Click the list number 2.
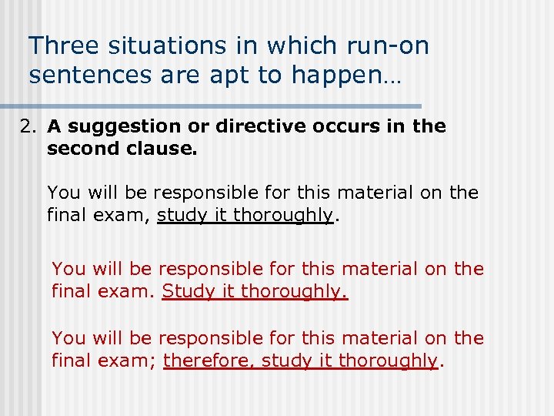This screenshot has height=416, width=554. click(28, 126)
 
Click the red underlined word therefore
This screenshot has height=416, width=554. click(209, 361)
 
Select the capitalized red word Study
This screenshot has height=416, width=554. click(187, 291)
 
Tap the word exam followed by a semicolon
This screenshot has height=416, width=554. click(130, 361)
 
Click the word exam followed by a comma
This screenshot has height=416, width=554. click(125, 216)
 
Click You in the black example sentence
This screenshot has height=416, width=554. click(64, 193)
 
